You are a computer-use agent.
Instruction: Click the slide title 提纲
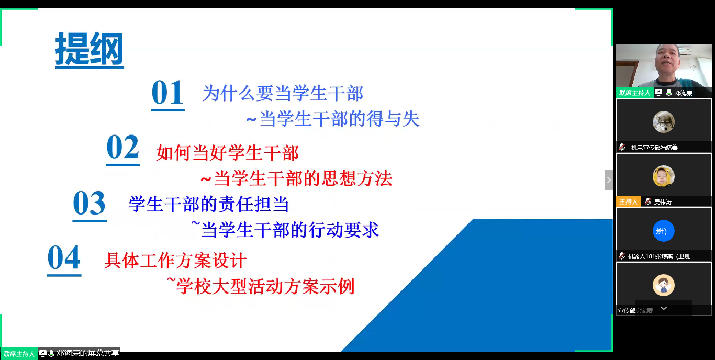pyautogui.click(x=90, y=50)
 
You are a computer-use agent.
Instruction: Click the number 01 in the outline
pyautogui.click(x=167, y=93)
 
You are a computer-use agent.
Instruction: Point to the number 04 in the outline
pyautogui.click(x=64, y=258)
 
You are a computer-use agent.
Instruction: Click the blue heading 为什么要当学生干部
pyautogui.click(x=283, y=94)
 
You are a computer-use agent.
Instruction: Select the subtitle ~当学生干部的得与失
pyautogui.click(x=333, y=119)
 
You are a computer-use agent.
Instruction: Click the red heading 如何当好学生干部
pyautogui.click(x=227, y=153)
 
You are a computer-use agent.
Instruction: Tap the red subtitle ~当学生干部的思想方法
pyautogui.click(x=296, y=179)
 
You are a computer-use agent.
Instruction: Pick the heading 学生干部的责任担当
pyautogui.click(x=208, y=204)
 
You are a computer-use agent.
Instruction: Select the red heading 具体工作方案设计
pyautogui.click(x=175, y=260)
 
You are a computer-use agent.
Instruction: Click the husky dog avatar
pyautogui.click(x=663, y=122)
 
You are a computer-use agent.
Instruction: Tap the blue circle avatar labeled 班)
pyautogui.click(x=663, y=231)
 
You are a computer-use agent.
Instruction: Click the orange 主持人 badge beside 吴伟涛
pyautogui.click(x=628, y=201)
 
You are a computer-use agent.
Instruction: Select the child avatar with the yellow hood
pyautogui.click(x=663, y=176)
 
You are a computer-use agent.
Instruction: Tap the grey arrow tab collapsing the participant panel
pyautogui.click(x=608, y=180)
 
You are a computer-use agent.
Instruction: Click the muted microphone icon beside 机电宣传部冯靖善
pyautogui.click(x=622, y=147)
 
